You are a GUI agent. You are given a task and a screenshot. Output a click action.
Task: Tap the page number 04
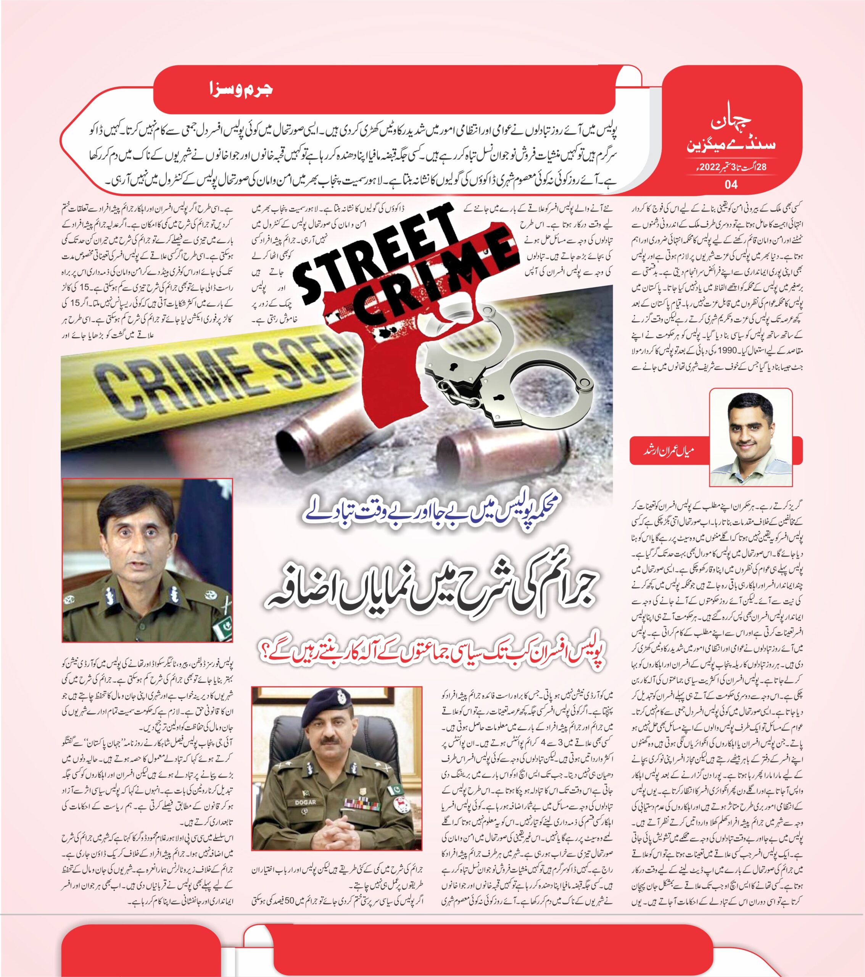(x=731, y=184)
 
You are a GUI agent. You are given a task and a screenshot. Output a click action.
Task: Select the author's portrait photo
(x=750, y=437)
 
